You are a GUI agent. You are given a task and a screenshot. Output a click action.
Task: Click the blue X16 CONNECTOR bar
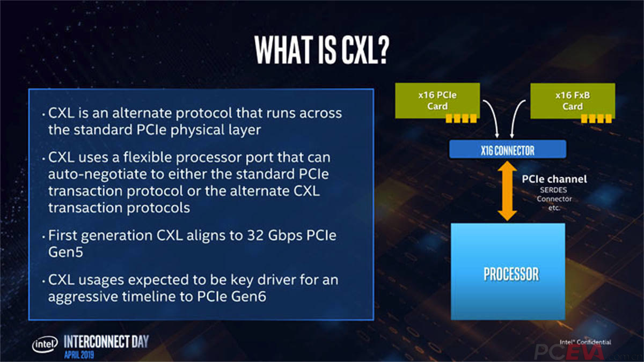tap(508, 150)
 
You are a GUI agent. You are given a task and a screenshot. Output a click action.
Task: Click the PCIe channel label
tap(554, 179)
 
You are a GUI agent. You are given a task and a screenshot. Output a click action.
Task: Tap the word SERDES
tap(553, 190)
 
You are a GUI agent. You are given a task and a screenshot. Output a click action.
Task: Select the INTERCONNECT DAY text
tap(106, 341)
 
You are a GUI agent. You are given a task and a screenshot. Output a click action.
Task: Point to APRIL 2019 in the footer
tap(81, 354)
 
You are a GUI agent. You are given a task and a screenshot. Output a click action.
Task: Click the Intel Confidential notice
tap(585, 342)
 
